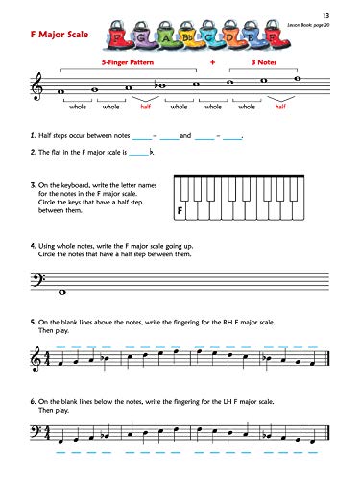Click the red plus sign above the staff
(x=210, y=61)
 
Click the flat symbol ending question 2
(x=152, y=152)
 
